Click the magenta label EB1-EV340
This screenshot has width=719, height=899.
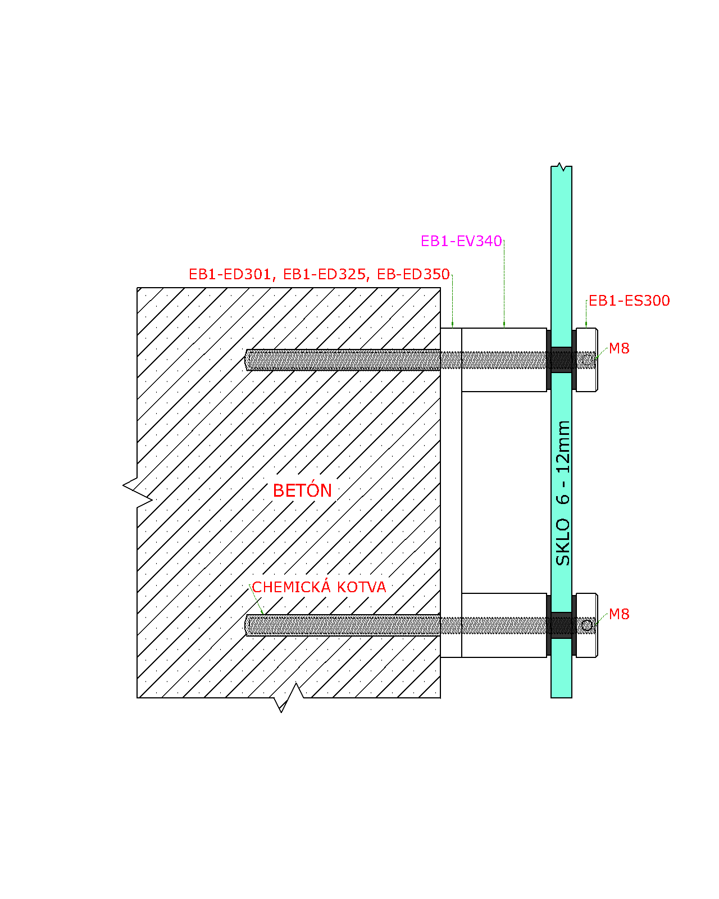[461, 241]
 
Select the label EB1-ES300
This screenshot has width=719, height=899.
[629, 301]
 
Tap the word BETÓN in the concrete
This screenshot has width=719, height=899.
[302, 490]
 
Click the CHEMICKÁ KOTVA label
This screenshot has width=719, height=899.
[318, 587]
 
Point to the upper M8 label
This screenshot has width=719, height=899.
[618, 348]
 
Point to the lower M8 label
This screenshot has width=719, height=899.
[618, 614]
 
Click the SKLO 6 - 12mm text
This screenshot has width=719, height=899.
[563, 493]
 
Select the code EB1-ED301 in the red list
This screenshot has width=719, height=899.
[229, 274]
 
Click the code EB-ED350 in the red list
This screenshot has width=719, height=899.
[413, 274]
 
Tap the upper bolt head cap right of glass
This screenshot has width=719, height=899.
[587, 360]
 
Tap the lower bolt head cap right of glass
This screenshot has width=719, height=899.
[587, 625]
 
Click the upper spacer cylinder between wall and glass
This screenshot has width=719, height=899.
[504, 360]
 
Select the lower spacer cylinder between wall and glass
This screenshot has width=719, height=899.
[504, 625]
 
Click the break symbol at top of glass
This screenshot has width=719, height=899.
[561, 167]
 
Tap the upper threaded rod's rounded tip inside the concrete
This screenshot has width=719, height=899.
[247, 360]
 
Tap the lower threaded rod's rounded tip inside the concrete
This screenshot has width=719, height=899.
[247, 625]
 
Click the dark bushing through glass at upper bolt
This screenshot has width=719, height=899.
[562, 360]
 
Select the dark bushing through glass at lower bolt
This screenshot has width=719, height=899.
[562, 625]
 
